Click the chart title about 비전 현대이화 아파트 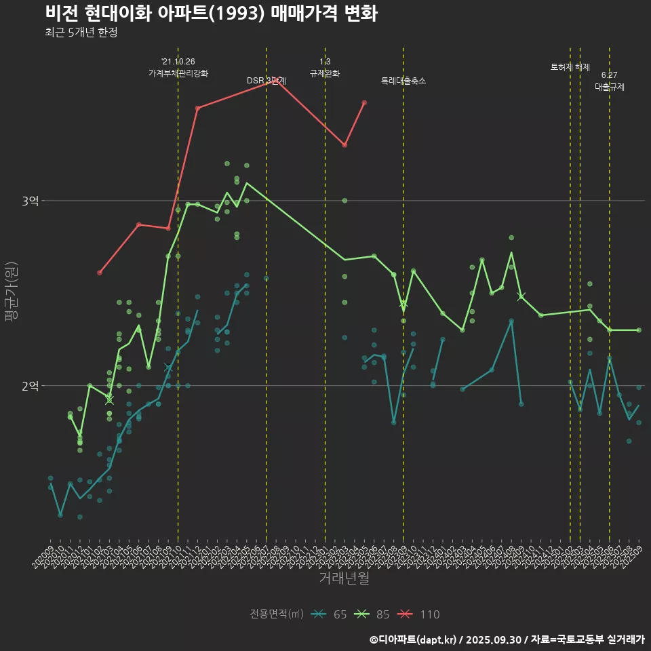(211, 13)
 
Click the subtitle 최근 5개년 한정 (81, 33)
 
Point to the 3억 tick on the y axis (30, 201)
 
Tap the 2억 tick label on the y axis (30, 385)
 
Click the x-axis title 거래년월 (344, 578)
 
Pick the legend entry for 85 (372, 614)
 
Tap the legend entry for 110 (419, 614)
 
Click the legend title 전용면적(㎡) (276, 614)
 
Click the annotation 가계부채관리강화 (178, 73)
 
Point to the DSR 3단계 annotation (267, 81)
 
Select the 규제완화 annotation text (325, 73)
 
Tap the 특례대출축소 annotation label (403, 81)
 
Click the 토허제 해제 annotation (570, 67)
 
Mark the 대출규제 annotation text (610, 87)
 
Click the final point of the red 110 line (364, 102)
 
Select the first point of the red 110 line (100, 273)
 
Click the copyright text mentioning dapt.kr (507, 639)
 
